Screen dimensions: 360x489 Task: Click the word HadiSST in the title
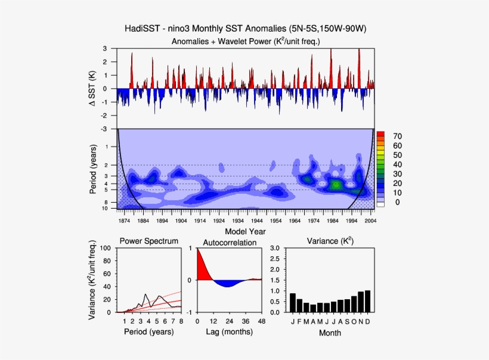coord(143,29)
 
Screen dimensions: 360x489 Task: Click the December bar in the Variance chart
coord(367,301)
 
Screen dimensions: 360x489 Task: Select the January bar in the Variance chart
coord(293,303)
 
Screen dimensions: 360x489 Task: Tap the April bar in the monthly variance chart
coord(313,308)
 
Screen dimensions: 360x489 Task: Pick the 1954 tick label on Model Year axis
coord(276,221)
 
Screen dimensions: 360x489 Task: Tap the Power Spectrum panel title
coord(148,241)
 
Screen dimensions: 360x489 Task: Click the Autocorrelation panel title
coord(230,243)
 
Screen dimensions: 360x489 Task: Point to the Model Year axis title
coord(246,231)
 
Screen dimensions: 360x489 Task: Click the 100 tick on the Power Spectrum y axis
coord(107,248)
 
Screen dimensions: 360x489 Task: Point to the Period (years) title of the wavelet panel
coord(94,169)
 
